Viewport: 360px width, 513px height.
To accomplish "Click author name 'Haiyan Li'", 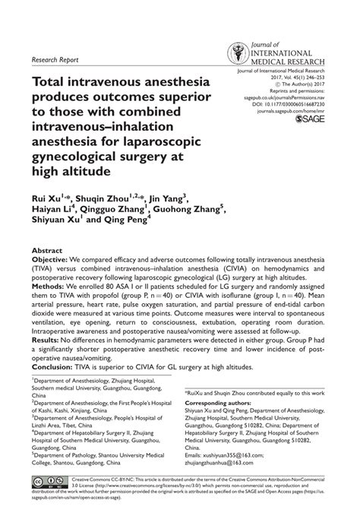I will pyautogui.click(x=52, y=211).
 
